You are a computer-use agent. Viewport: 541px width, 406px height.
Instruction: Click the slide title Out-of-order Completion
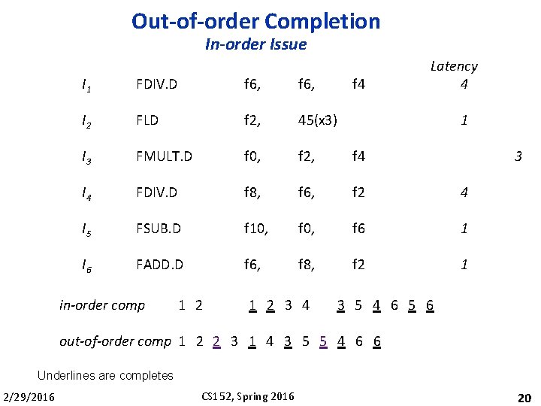pos(255,21)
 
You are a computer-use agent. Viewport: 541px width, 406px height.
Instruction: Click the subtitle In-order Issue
pos(255,44)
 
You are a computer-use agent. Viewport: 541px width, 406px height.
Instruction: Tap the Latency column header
pos(454,66)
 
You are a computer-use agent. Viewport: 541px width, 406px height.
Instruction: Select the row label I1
pos(88,84)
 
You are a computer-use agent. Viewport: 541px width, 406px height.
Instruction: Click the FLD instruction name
pos(147,120)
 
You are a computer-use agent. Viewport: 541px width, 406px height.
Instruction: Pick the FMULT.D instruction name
pos(164,156)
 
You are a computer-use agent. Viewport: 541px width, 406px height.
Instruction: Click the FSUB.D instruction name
pos(159,229)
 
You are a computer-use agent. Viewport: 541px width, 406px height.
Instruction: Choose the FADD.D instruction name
pos(159,265)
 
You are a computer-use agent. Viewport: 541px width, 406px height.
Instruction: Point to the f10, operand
pos(257,229)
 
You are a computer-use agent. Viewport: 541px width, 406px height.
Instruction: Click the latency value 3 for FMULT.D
pos(518,157)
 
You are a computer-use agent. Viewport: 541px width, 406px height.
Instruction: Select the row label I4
pos(88,192)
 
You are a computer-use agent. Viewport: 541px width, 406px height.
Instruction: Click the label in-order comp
pos(102,305)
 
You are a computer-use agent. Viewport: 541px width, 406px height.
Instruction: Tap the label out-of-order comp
pos(115,341)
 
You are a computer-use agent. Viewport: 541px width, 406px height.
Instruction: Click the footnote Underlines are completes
pos(105,375)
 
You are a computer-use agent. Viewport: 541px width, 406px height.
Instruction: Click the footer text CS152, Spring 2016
pos(249,396)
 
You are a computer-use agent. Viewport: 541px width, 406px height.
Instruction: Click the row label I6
pos(88,265)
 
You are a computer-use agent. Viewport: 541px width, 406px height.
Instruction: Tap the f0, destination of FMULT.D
pos(253,156)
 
